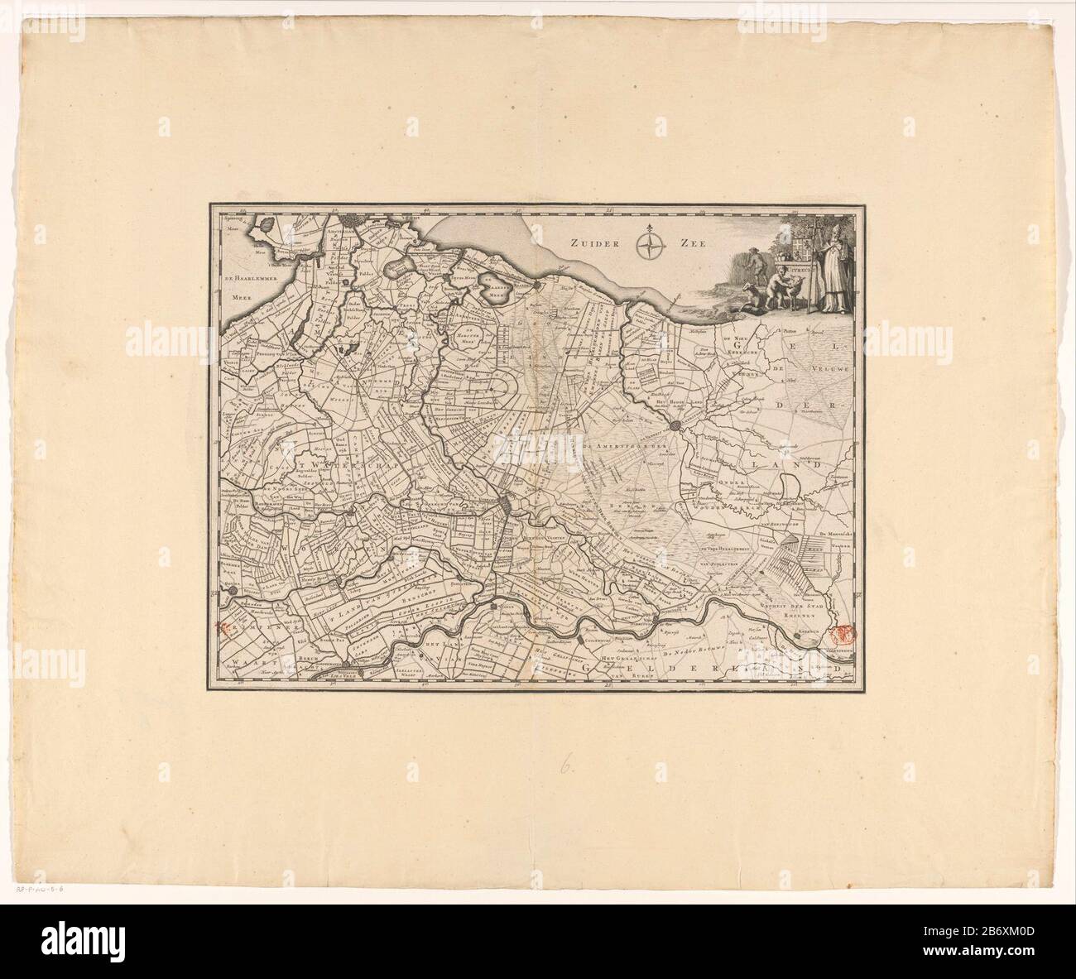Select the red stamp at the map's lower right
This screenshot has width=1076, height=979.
coord(843,636)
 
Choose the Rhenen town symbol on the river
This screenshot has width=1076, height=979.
coord(800,632)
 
